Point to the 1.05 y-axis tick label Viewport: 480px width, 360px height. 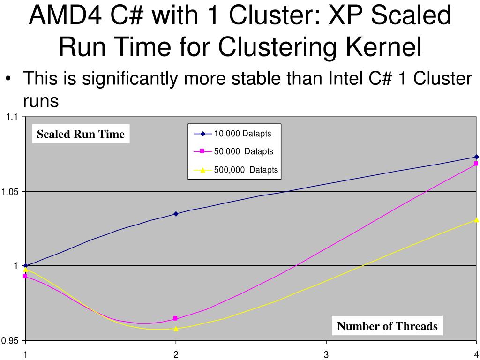coord(10,192)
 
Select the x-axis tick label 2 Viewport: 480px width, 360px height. coord(176,354)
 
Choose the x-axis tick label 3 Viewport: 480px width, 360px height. coord(326,354)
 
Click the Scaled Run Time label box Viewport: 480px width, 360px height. coord(81,135)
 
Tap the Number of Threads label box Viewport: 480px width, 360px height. coord(387,326)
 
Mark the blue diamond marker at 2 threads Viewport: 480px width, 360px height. coord(176,214)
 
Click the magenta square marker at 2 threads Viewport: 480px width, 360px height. coord(176,319)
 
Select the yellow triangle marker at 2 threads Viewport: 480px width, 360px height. coord(176,329)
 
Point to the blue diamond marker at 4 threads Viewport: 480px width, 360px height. coord(476,157)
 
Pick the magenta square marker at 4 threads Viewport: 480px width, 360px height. coord(476,164)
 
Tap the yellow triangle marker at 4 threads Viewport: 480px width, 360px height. coord(476,219)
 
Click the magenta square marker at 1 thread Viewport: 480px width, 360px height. coord(26,277)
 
